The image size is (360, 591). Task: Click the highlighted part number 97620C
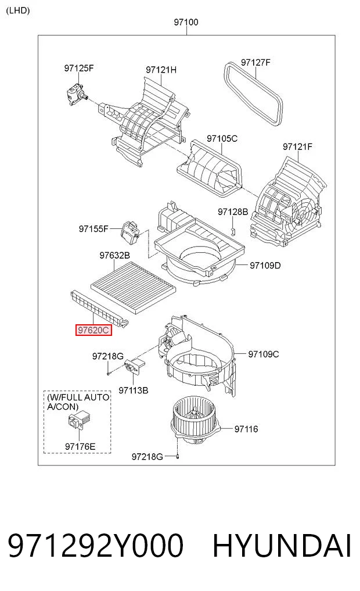(x=93, y=330)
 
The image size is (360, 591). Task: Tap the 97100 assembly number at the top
(x=186, y=22)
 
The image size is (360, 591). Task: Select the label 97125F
(x=79, y=68)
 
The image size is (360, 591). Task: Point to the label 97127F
(x=255, y=62)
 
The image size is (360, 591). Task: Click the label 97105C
(x=222, y=138)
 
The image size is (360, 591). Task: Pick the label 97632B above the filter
(x=115, y=255)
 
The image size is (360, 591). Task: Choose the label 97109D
(x=265, y=266)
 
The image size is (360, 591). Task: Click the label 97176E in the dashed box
(x=80, y=446)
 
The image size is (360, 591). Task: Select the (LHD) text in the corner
(x=17, y=10)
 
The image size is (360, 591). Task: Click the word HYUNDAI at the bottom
(x=282, y=545)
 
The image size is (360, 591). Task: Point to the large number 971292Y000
(x=96, y=545)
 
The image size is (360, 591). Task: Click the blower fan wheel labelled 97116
(x=195, y=418)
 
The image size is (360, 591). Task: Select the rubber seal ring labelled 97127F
(x=253, y=93)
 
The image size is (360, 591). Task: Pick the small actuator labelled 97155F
(x=130, y=231)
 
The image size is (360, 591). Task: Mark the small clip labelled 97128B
(x=233, y=231)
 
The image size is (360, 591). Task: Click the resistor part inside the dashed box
(x=77, y=421)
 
